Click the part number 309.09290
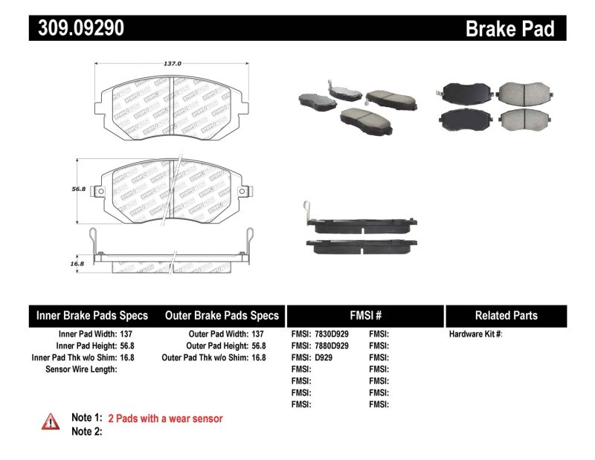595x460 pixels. (77, 27)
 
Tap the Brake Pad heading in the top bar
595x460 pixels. (509, 28)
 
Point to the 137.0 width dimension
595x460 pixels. (173, 64)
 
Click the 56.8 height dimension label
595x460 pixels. (79, 189)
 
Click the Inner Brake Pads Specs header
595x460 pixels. (92, 316)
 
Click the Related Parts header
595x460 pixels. (506, 316)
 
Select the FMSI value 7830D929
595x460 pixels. (330, 334)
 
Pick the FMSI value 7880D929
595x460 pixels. (330, 346)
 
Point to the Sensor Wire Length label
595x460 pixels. (81, 369)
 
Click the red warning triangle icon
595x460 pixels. (50, 421)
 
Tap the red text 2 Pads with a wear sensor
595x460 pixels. (165, 418)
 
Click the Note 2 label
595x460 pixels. (86, 431)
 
